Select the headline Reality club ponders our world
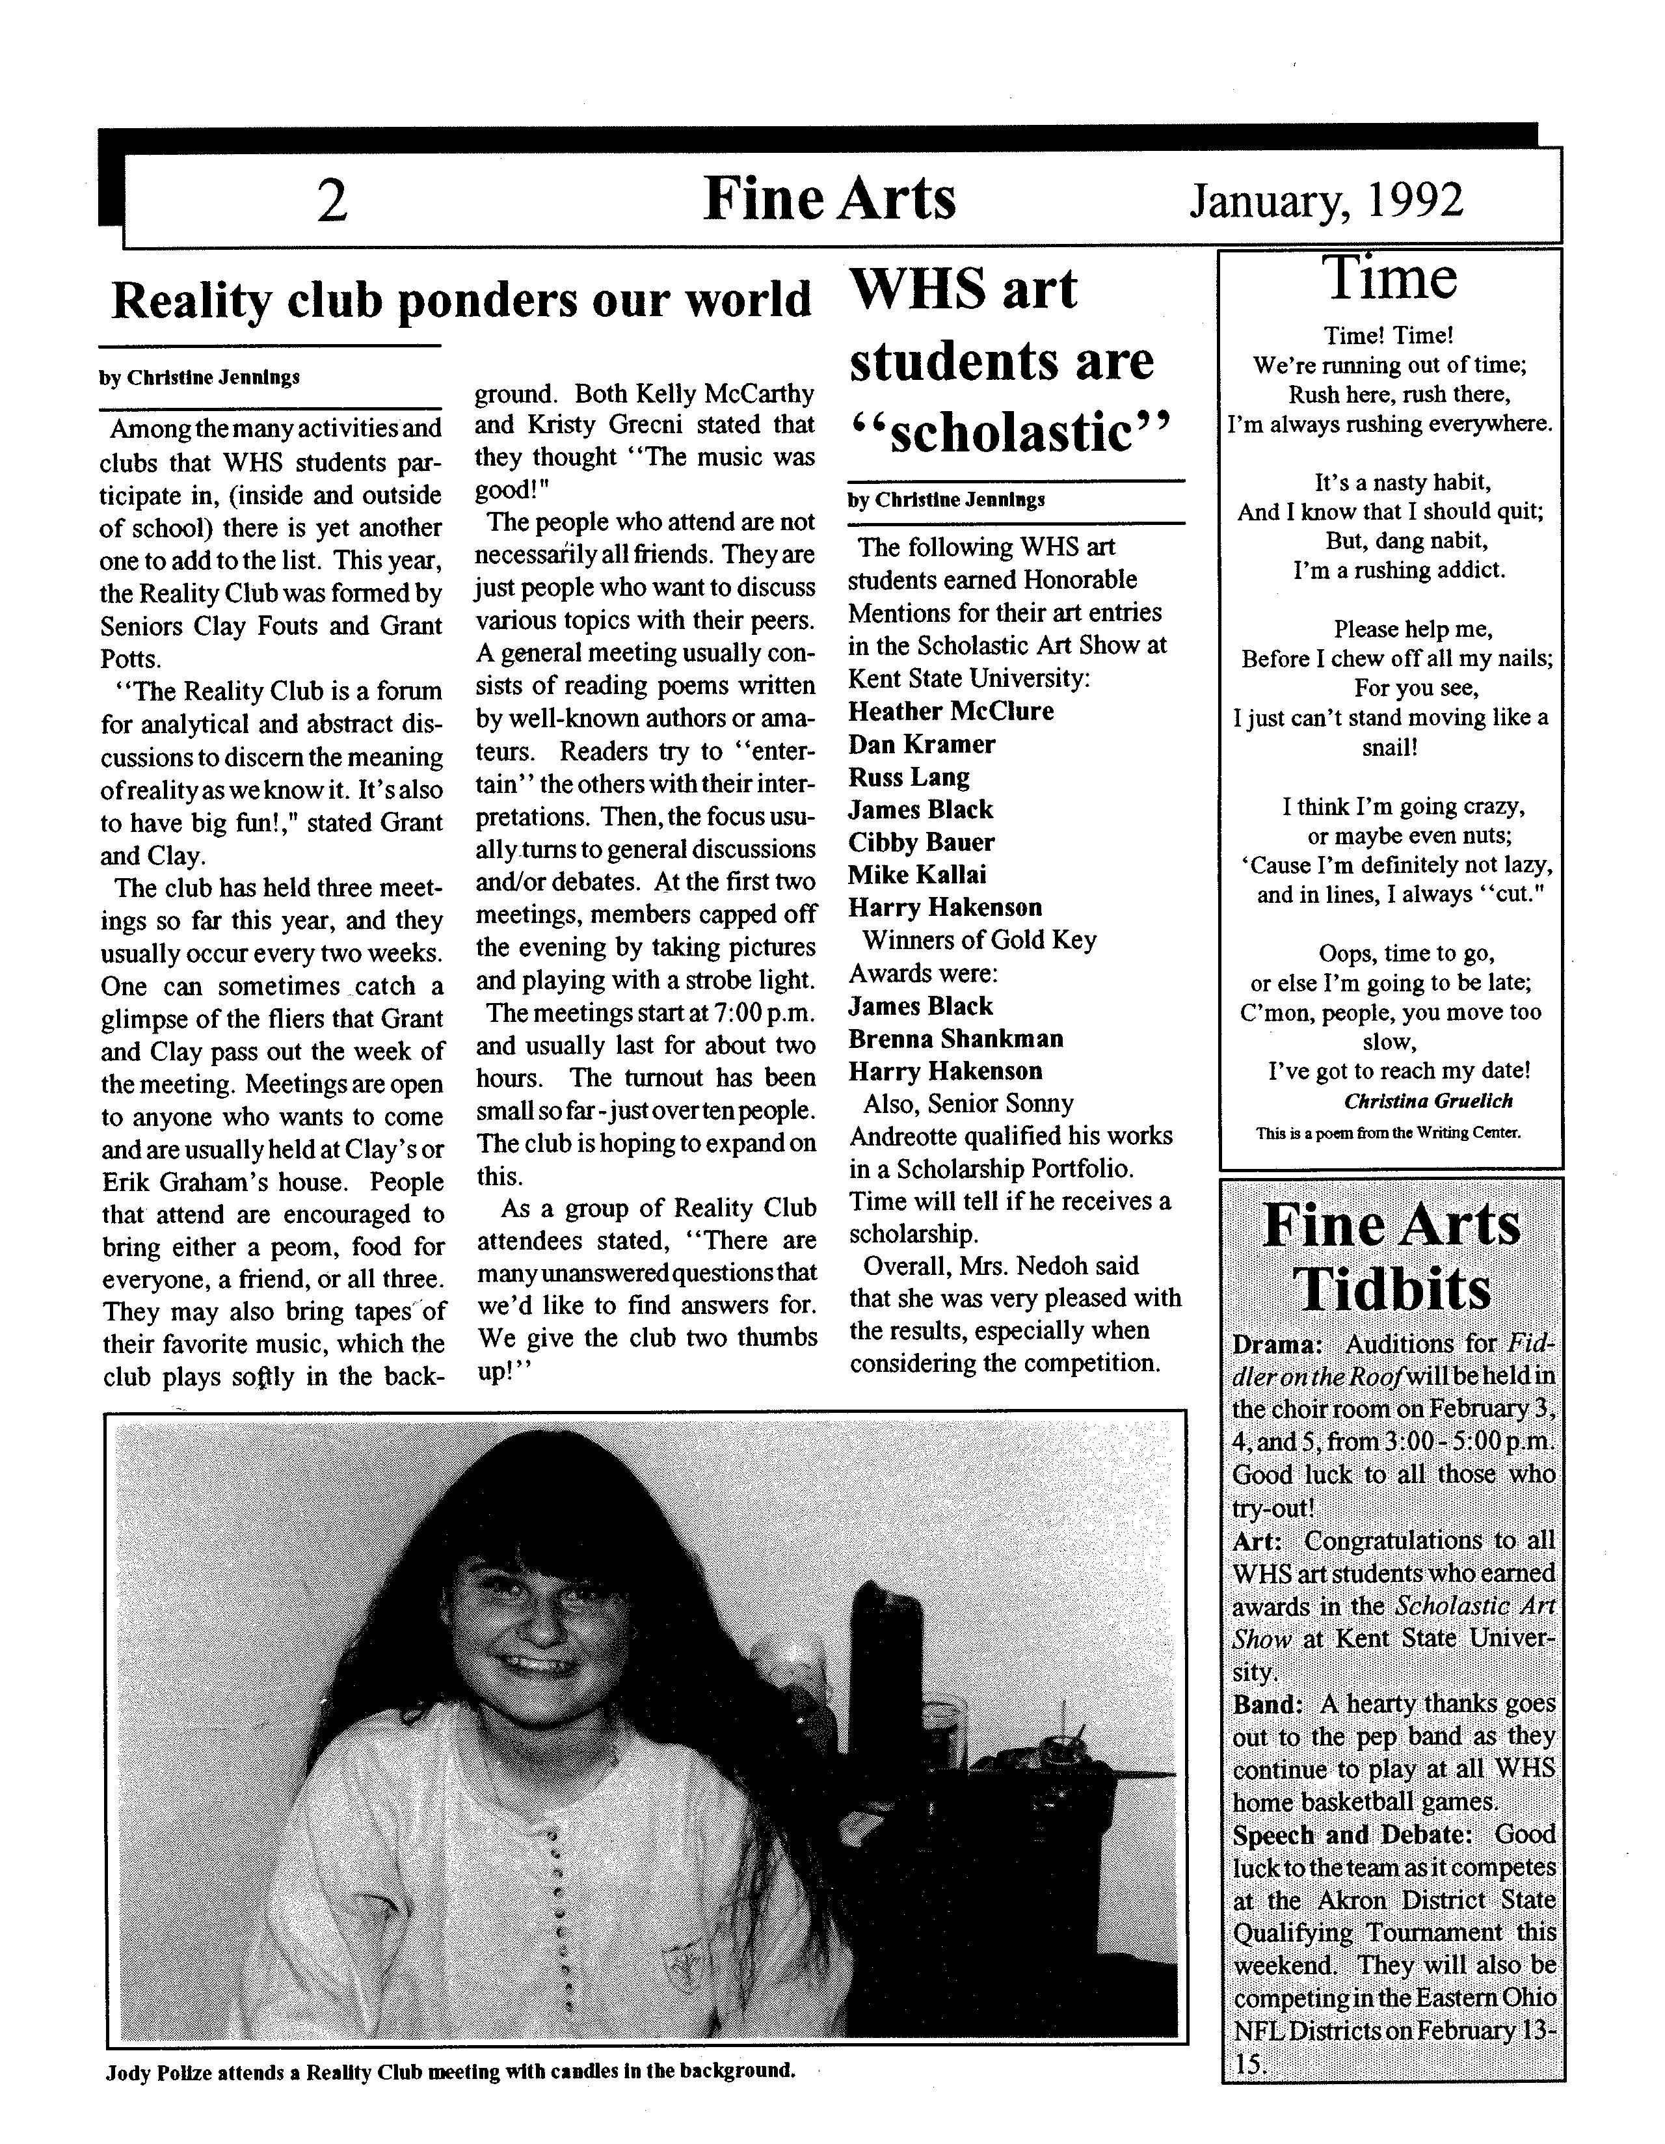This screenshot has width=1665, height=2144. tap(461, 301)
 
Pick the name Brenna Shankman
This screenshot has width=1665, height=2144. tap(955, 1039)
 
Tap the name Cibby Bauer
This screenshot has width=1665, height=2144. tap(921, 842)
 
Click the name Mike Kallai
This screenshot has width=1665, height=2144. tap(917, 875)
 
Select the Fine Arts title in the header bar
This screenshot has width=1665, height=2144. tap(829, 199)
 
